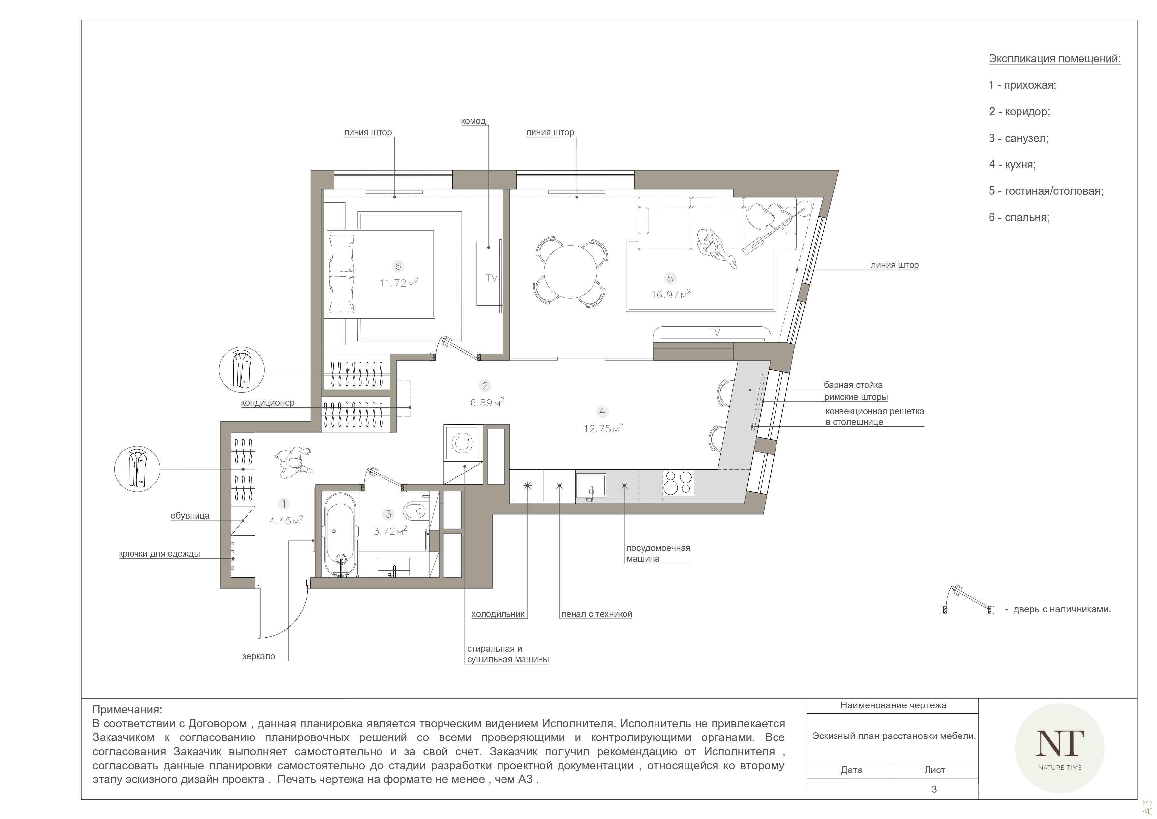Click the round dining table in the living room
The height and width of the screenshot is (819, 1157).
570,272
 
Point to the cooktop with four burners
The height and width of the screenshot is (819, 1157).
678,483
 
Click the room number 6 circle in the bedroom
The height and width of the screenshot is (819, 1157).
398,266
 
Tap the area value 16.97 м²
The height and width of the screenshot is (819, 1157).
671,294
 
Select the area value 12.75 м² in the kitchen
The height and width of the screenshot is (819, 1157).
603,428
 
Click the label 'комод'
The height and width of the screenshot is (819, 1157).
473,121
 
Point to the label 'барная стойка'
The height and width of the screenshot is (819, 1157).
853,385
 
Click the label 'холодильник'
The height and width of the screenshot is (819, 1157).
498,614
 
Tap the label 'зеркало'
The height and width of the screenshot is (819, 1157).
259,657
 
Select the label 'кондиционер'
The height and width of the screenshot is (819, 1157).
268,403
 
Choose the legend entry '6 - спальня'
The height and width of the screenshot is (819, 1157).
1019,217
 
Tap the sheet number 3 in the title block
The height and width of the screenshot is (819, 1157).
934,789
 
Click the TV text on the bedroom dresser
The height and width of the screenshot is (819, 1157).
491,278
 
